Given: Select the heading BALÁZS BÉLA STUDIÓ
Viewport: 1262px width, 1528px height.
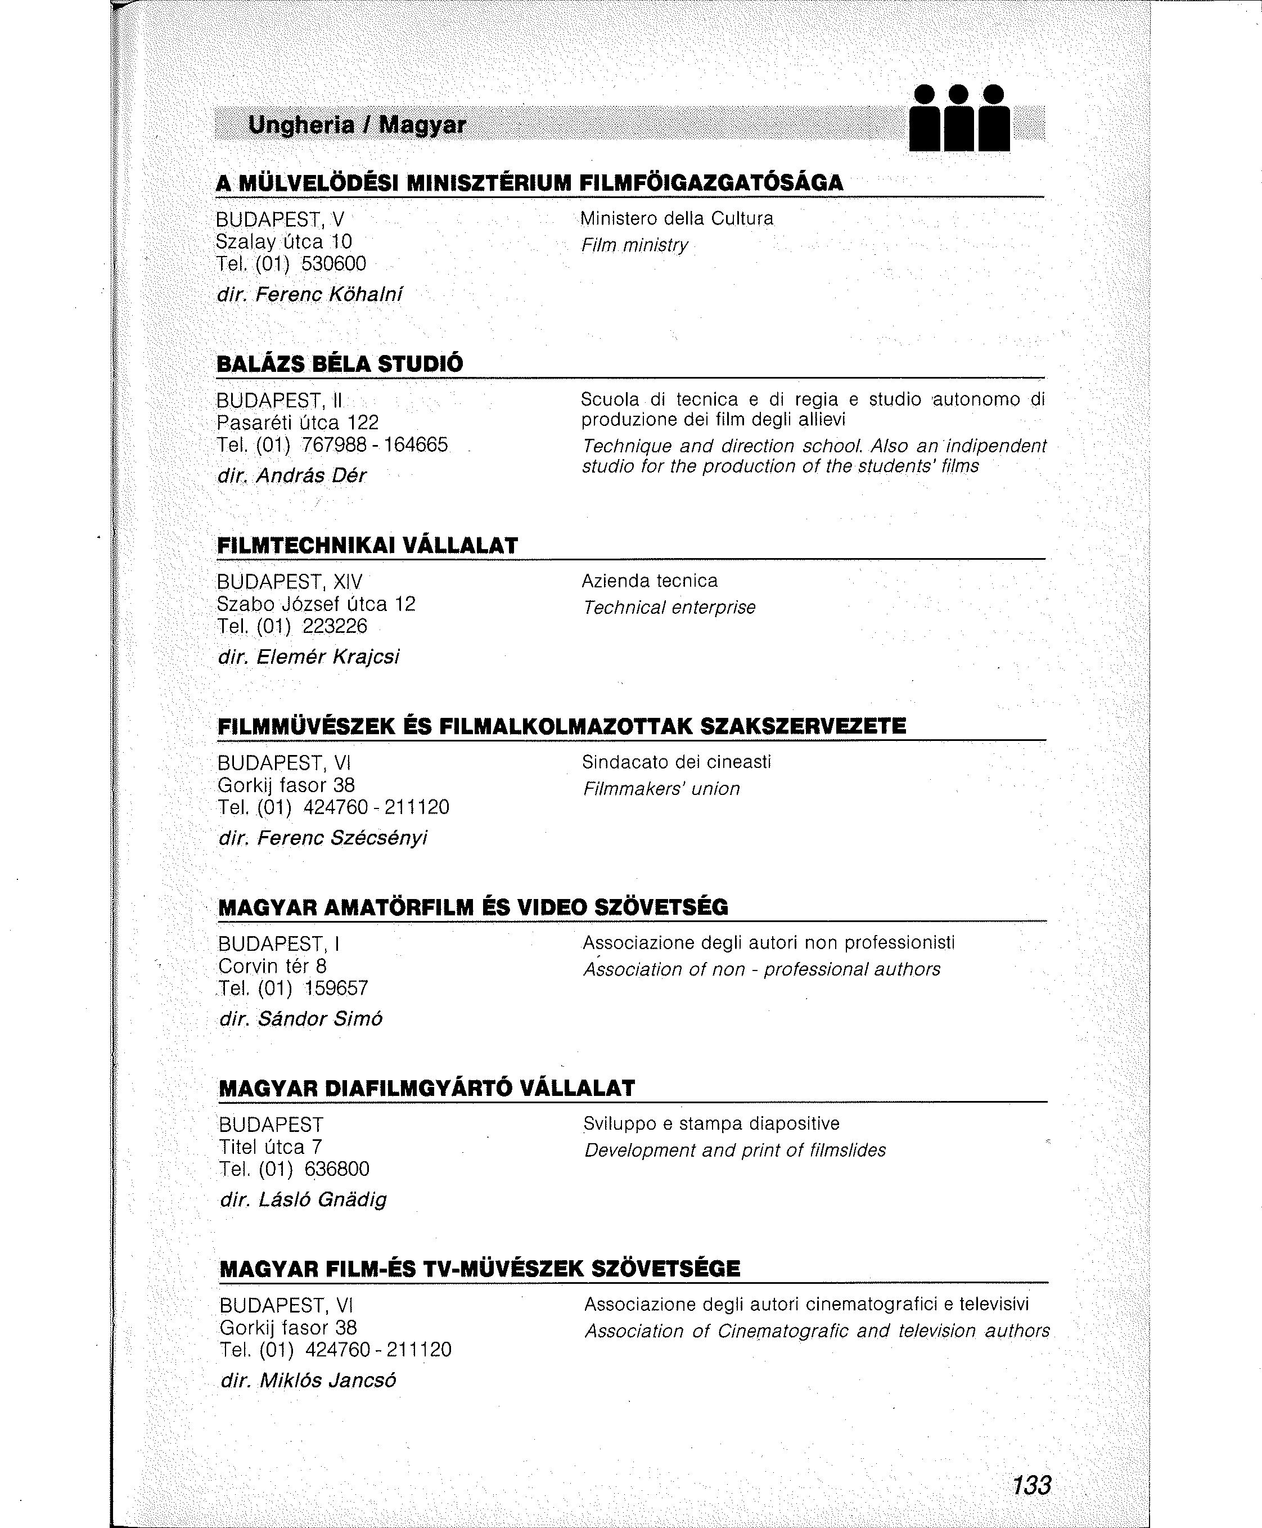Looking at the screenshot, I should click(340, 363).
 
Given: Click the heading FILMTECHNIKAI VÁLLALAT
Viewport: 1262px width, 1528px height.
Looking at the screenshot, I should click(367, 546).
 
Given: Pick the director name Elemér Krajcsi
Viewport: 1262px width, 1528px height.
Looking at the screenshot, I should click(328, 657).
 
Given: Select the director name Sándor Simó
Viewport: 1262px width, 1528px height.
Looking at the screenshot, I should click(320, 1018).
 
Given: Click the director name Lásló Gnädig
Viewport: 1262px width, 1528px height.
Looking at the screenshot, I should click(323, 1199).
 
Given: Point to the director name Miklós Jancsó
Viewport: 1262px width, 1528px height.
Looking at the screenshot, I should click(328, 1379).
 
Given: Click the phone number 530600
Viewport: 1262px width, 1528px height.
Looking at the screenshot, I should click(333, 263).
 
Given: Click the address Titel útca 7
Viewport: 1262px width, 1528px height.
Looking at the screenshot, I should click(271, 1147).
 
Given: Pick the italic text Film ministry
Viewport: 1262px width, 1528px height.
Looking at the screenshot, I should click(634, 245).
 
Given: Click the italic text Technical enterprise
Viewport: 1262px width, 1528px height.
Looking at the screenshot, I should click(669, 607).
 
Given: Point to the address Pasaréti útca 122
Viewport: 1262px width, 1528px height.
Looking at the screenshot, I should click(298, 423).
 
